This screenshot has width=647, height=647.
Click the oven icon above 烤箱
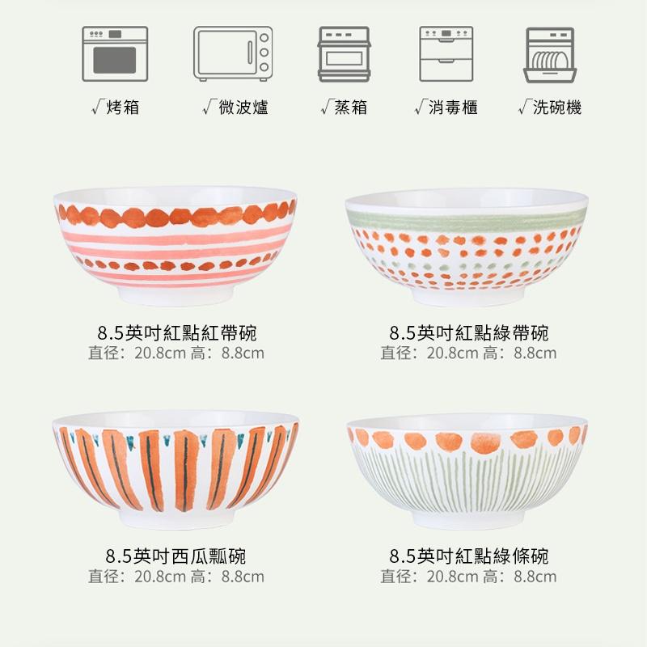click(x=115, y=54)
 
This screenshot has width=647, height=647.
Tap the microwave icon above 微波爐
click(x=232, y=54)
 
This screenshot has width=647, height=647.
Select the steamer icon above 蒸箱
click(x=344, y=54)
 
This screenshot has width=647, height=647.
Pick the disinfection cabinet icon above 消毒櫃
click(x=446, y=54)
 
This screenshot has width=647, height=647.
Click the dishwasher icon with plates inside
click(x=551, y=54)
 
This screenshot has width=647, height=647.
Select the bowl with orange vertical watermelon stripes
click(x=175, y=469)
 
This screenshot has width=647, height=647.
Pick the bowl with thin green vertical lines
click(x=466, y=469)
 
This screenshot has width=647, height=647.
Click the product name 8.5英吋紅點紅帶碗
click(x=176, y=332)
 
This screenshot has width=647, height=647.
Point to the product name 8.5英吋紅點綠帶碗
click(x=469, y=332)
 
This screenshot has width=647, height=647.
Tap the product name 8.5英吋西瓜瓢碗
click(x=176, y=556)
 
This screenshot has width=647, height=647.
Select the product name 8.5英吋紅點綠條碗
click(x=469, y=556)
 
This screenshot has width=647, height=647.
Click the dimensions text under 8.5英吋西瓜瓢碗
click(x=176, y=577)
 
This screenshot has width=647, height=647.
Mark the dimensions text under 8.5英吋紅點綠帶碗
click(x=469, y=353)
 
